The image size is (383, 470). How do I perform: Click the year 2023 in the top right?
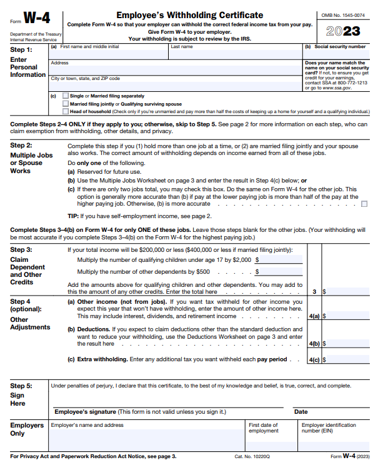[343, 31]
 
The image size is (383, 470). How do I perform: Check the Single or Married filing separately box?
[66, 96]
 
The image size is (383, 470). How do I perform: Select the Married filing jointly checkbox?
[66, 104]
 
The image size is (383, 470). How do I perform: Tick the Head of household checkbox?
[66, 111]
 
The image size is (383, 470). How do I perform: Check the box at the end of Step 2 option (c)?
[364, 204]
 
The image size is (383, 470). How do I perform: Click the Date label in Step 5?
[301, 412]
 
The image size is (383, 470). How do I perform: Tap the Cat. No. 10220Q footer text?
[252, 457]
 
